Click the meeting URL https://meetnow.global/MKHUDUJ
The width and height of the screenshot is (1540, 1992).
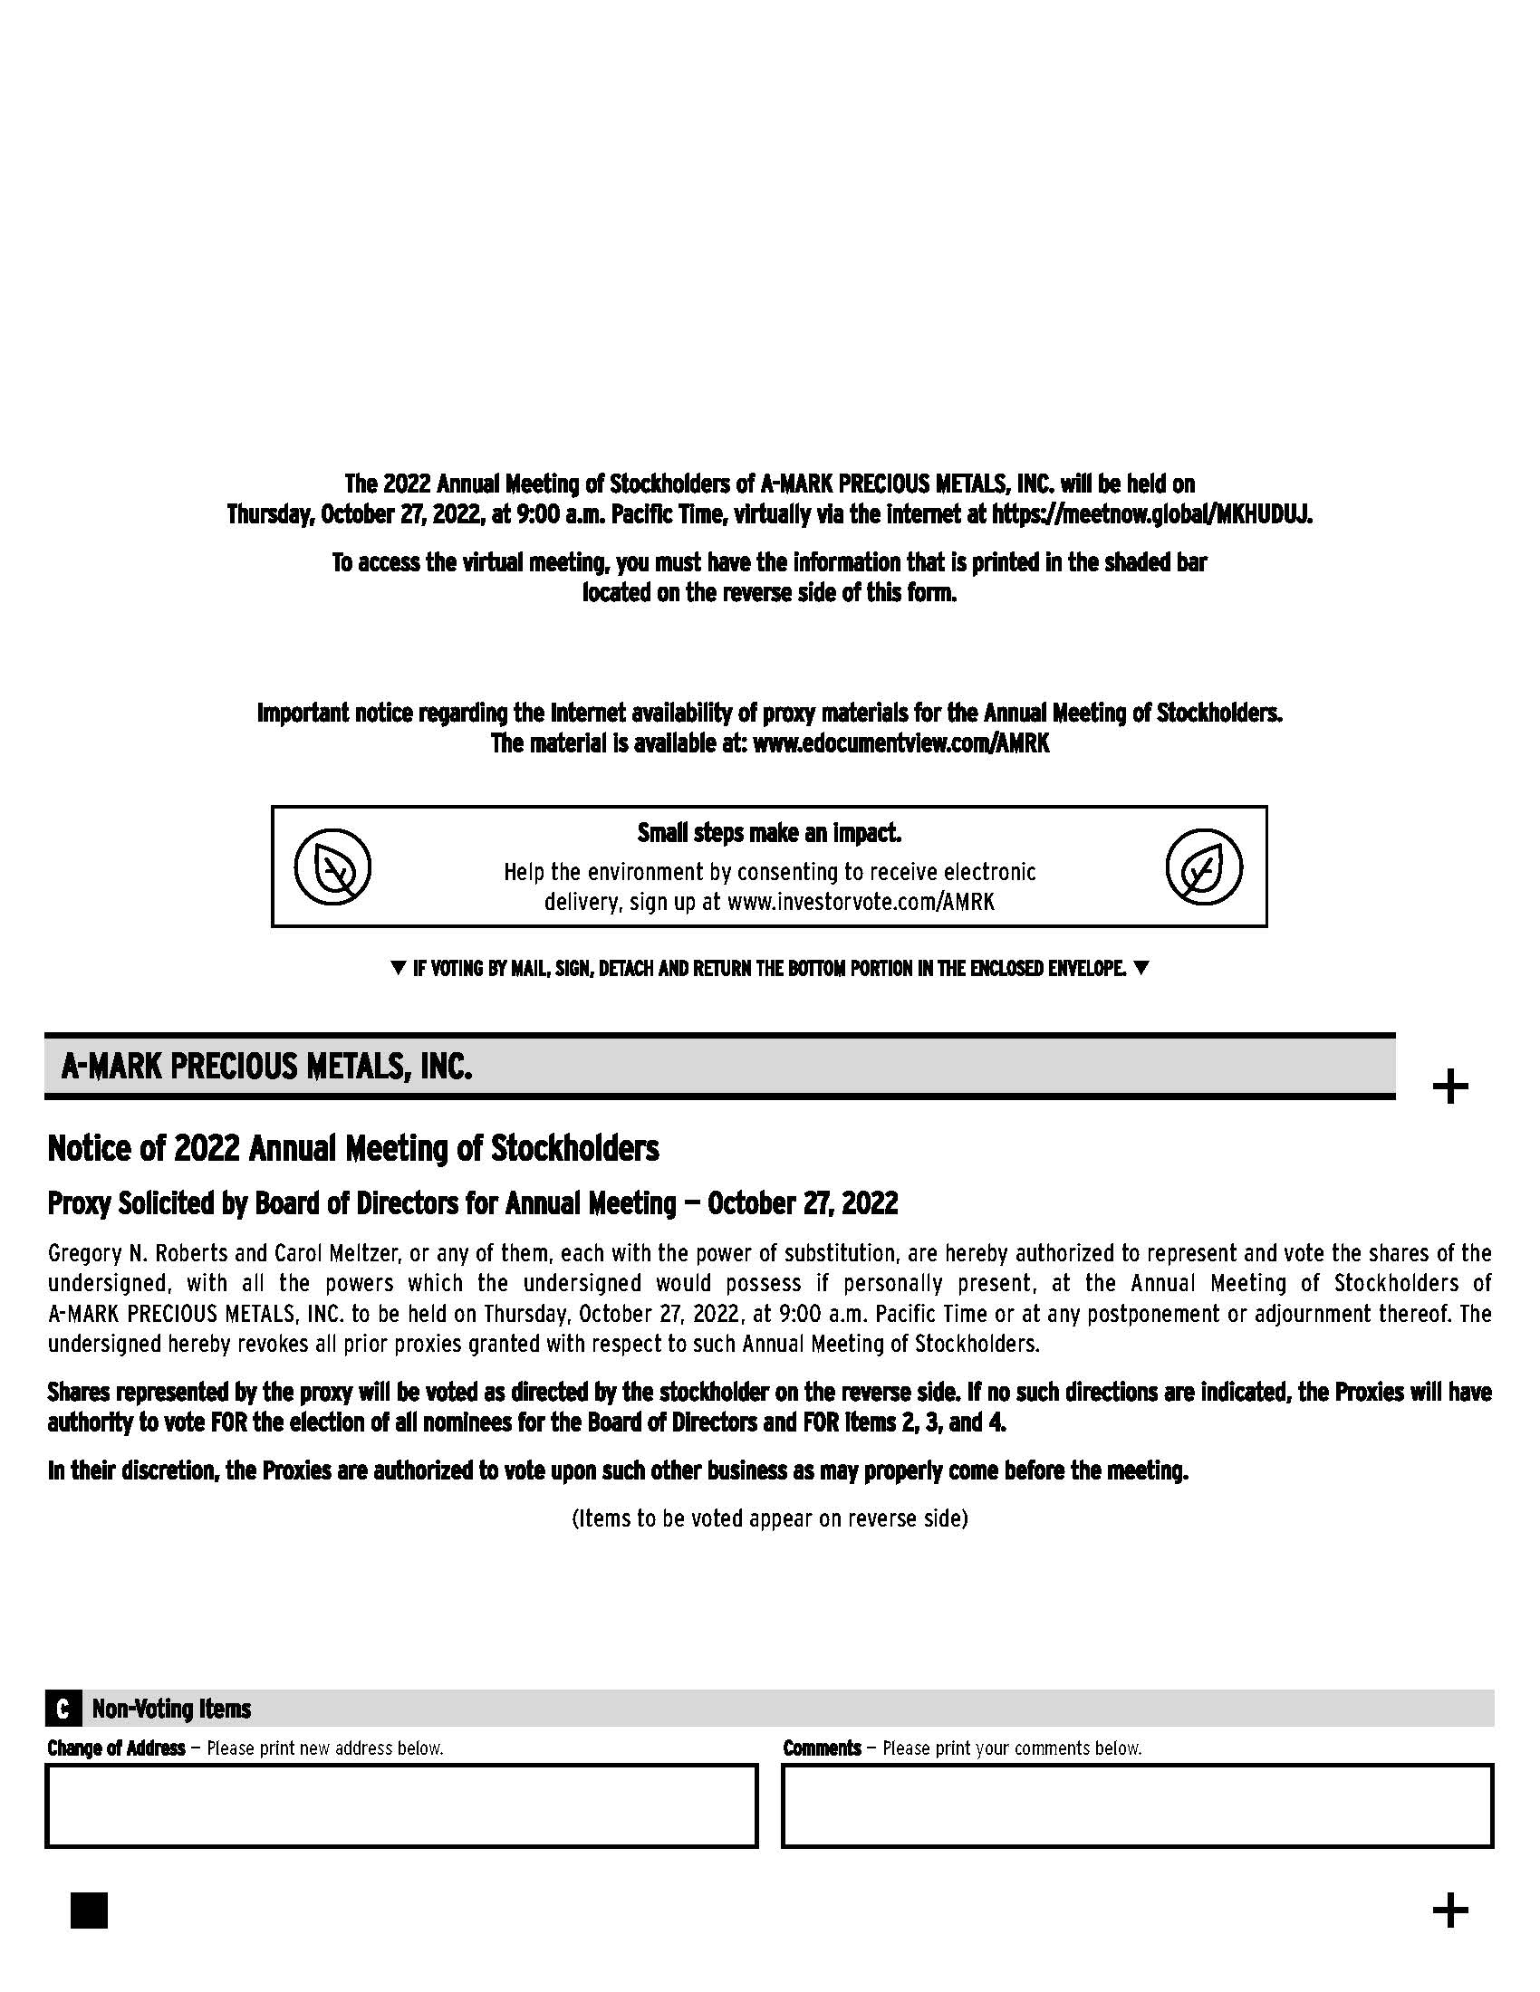pyautogui.click(x=1151, y=514)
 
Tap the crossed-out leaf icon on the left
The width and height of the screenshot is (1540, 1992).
pyautogui.click(x=333, y=867)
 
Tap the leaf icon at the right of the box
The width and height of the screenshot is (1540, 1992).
pyautogui.click(x=1203, y=867)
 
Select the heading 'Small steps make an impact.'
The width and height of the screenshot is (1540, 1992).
pyautogui.click(x=769, y=833)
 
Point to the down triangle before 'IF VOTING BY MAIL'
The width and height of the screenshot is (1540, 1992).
pyautogui.click(x=397, y=968)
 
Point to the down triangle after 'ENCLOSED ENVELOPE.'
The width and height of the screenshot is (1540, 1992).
pyautogui.click(x=1141, y=968)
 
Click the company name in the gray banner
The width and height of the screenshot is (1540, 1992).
pyautogui.click(x=266, y=1067)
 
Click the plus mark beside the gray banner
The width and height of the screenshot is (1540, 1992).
pyautogui.click(x=1449, y=1087)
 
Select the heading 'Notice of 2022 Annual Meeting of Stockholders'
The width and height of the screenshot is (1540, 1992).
pyautogui.click(x=353, y=1148)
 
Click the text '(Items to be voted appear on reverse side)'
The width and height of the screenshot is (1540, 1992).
pyautogui.click(x=769, y=1518)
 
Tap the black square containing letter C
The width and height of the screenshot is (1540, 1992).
pyautogui.click(x=62, y=1709)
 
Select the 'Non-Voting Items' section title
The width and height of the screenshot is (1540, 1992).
pyautogui.click(x=171, y=1709)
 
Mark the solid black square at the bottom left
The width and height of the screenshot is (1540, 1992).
pyautogui.click(x=89, y=1910)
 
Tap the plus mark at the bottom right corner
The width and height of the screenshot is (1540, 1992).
pyautogui.click(x=1449, y=1910)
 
